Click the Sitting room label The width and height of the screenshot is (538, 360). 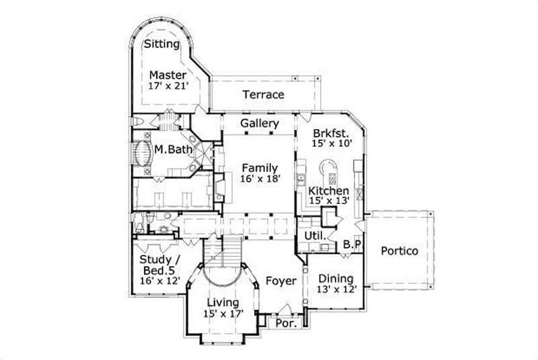click(x=162, y=44)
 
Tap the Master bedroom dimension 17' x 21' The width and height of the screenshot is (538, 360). click(x=169, y=86)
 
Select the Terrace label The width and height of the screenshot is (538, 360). click(x=263, y=95)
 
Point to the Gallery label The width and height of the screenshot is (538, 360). click(x=260, y=124)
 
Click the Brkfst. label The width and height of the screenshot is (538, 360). click(x=328, y=133)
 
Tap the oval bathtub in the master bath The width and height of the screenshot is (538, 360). click(x=143, y=153)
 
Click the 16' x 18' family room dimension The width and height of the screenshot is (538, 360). click(x=259, y=178)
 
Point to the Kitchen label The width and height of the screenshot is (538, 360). click(x=328, y=191)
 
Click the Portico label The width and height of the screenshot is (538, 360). click(x=399, y=251)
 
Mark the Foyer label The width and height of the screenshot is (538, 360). click(x=280, y=281)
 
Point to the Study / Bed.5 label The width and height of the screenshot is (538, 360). click(x=159, y=269)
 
